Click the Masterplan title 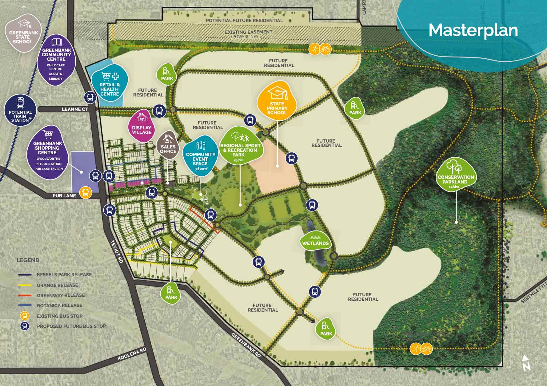click(473, 30)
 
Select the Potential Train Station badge click(20, 110)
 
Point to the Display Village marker click(142, 126)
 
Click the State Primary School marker click(277, 101)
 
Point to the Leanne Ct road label click(75, 109)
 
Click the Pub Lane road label click(64, 195)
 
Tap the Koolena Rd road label click(132, 354)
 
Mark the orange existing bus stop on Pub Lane click(86, 193)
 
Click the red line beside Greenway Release click(25, 295)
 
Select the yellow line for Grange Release click(25, 285)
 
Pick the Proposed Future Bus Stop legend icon click(25, 326)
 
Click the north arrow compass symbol click(526, 363)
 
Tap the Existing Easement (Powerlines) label click(248, 34)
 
